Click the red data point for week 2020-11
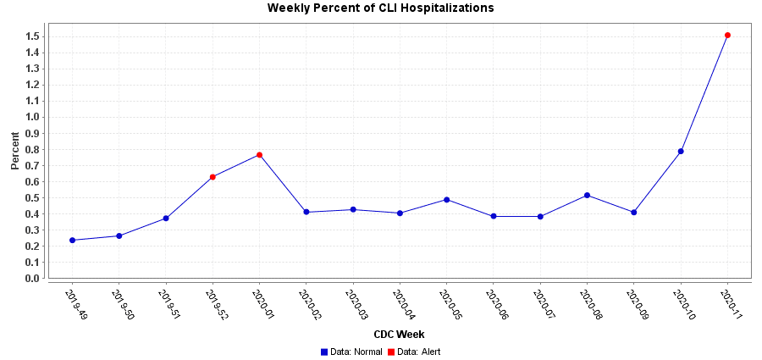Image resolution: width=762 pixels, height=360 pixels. pyautogui.click(x=727, y=36)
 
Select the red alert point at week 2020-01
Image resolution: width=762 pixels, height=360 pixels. pyautogui.click(x=259, y=155)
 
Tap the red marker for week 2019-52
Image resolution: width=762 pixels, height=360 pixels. pyautogui.click(x=213, y=177)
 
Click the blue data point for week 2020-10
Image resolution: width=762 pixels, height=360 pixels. pyautogui.click(x=681, y=152)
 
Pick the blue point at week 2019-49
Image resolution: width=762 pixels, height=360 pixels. pyautogui.click(x=72, y=241)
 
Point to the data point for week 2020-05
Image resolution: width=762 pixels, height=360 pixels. pyautogui.click(x=446, y=200)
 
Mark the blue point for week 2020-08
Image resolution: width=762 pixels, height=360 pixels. pyautogui.click(x=587, y=196)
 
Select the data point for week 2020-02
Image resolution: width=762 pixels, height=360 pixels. pyautogui.click(x=306, y=212)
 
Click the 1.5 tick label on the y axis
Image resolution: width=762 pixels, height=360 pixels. pyautogui.click(x=33, y=36)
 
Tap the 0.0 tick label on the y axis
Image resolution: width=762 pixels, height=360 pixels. pyautogui.click(x=33, y=279)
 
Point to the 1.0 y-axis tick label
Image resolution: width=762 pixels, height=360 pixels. pyautogui.click(x=33, y=117)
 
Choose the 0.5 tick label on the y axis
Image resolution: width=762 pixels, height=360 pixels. pyautogui.click(x=33, y=198)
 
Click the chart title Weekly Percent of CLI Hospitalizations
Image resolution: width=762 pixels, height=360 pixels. pyautogui.click(x=380, y=8)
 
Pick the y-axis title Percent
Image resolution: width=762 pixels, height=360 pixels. pyautogui.click(x=14, y=150)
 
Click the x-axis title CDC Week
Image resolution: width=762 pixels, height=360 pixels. pyautogui.click(x=399, y=335)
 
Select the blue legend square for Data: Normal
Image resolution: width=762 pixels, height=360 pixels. pyautogui.click(x=324, y=352)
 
